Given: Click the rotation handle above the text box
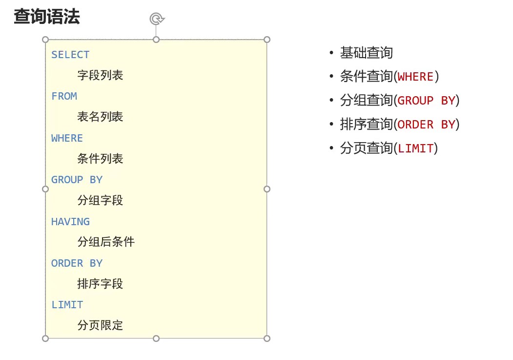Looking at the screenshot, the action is (157, 19).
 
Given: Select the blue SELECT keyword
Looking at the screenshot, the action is (70, 55).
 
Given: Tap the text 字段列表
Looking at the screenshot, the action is (100, 75).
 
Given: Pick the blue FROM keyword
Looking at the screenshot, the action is (64, 96).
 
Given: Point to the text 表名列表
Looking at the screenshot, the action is (100, 117).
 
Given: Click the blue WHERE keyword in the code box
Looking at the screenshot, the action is (67, 138).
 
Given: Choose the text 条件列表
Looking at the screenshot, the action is (100, 159).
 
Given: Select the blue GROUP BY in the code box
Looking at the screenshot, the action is (77, 180).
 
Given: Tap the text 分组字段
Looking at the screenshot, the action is (100, 200).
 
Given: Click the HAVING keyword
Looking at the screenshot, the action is (70, 222).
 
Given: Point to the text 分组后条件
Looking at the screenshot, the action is (106, 242).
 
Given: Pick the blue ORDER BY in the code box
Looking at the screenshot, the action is (77, 263).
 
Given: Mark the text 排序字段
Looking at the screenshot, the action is (100, 284).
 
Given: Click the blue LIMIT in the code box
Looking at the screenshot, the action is (67, 305).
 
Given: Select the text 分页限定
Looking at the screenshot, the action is (100, 325).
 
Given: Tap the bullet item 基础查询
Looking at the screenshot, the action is (366, 53).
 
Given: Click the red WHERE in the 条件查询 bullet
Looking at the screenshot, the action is (415, 77).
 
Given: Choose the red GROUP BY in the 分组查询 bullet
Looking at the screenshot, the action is (426, 101).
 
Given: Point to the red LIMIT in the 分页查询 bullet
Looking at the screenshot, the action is (415, 148).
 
